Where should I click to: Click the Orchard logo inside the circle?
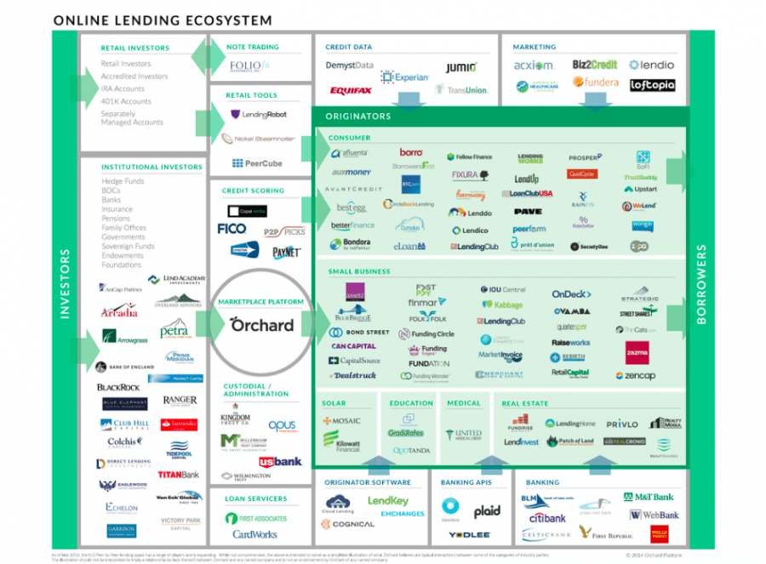[x=261, y=324]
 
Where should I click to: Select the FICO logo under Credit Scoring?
[x=232, y=229]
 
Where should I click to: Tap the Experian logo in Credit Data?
[x=398, y=77]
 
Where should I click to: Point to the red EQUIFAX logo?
[x=350, y=90]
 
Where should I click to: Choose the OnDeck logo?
[x=571, y=294]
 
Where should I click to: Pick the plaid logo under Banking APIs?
[x=487, y=511]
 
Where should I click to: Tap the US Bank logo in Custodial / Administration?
[x=280, y=461]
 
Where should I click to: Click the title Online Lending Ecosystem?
[x=163, y=20]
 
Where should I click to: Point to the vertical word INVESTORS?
[x=64, y=285]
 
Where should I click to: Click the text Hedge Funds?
[x=123, y=181]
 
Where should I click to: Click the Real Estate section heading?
[x=525, y=403]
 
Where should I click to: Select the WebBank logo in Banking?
[x=654, y=515]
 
